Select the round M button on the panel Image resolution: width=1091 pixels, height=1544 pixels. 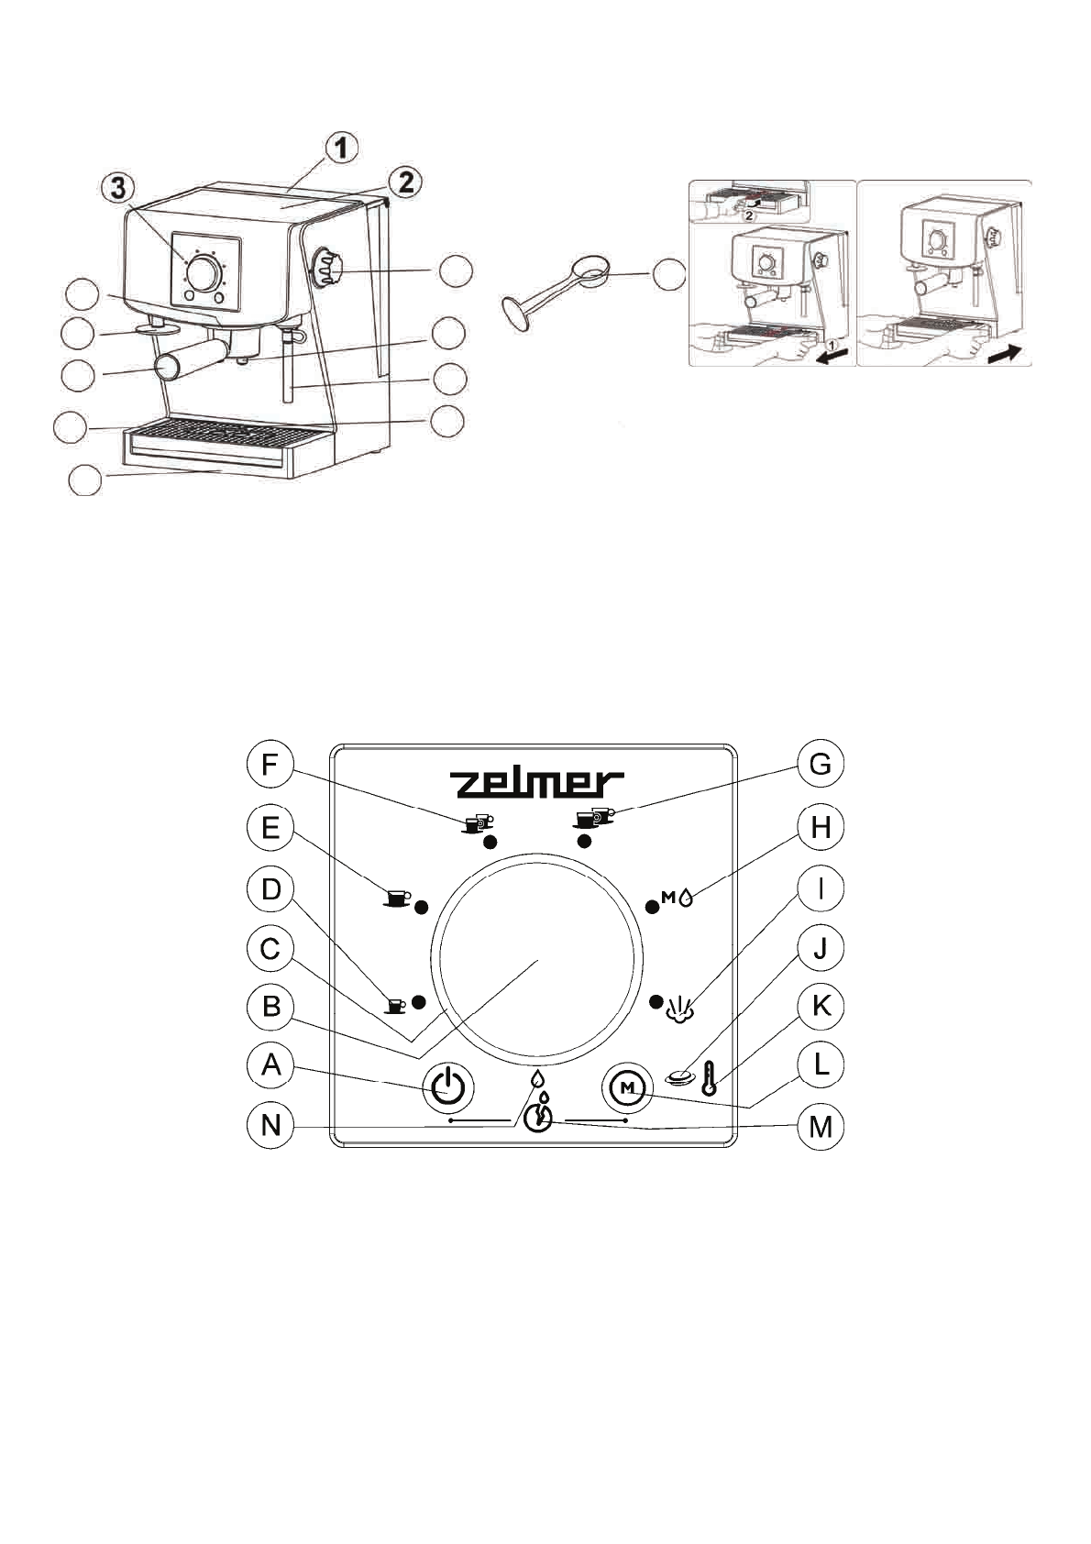(x=627, y=1087)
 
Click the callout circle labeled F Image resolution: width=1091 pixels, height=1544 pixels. (x=270, y=765)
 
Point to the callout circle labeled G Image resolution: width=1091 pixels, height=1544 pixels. (x=821, y=765)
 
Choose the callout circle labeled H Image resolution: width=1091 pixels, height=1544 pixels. (x=821, y=828)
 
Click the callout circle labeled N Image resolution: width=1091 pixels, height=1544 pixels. (x=270, y=1125)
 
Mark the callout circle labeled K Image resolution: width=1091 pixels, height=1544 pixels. (x=821, y=1006)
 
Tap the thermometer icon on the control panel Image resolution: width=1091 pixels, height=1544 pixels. (x=709, y=1078)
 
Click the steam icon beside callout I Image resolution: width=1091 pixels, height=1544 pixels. (x=679, y=1008)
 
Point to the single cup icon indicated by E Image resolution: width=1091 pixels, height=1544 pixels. (x=397, y=899)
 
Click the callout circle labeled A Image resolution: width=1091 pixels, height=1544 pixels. (x=270, y=1065)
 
